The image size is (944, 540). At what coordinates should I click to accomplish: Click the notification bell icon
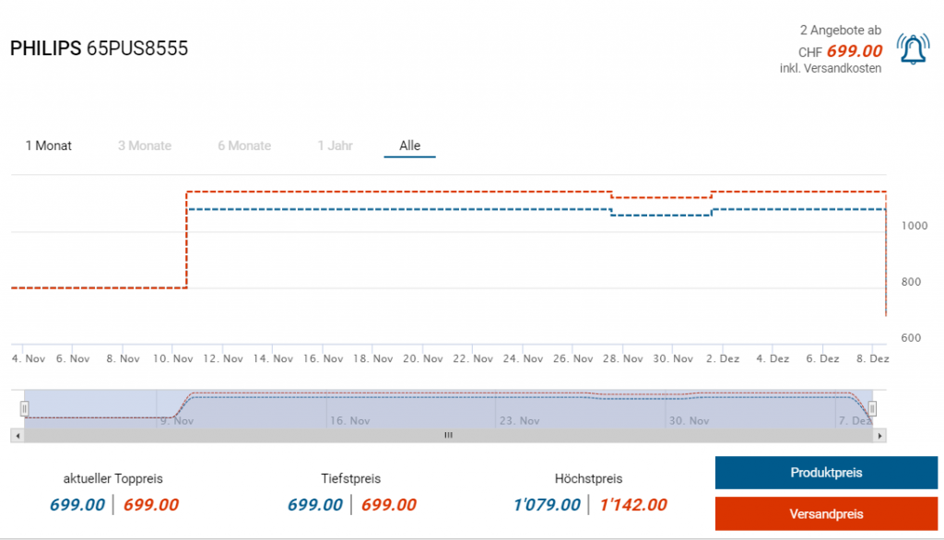click(913, 50)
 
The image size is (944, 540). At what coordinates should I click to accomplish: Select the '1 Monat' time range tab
click(49, 146)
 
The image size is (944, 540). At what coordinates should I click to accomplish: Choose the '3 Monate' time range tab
click(145, 146)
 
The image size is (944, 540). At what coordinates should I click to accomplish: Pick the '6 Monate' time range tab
click(244, 146)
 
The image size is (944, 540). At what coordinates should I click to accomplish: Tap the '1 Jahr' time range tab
click(336, 146)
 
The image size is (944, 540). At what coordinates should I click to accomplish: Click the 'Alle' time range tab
click(410, 146)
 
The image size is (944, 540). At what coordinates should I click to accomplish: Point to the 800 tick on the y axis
click(910, 282)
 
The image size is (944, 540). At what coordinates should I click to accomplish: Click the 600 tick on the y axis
click(910, 338)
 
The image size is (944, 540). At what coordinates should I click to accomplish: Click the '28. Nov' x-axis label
click(621, 359)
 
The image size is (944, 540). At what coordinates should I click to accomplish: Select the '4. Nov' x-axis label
click(28, 359)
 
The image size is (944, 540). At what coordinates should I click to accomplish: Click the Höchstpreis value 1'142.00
click(633, 504)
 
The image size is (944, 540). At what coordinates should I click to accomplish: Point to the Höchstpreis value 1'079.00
click(547, 504)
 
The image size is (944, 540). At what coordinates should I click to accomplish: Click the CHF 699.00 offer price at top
click(854, 52)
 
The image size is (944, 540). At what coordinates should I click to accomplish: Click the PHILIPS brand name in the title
click(45, 49)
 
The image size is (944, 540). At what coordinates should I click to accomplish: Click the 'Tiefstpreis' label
click(351, 478)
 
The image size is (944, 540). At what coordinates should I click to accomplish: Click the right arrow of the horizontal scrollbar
click(880, 435)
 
